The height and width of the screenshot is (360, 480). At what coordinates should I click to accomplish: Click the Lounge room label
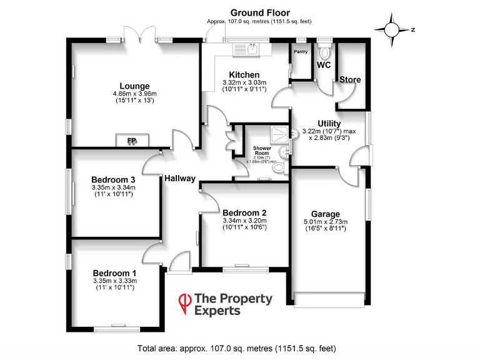[134, 86]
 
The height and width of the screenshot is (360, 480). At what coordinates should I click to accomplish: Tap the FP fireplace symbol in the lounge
[132, 141]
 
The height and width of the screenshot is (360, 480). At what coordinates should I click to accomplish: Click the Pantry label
[301, 52]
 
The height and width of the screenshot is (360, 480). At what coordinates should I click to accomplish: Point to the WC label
[324, 65]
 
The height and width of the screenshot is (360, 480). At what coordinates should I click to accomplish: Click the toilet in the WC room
[324, 50]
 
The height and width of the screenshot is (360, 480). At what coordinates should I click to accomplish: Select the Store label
[350, 80]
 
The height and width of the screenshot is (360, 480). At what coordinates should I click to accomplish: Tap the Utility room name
[329, 123]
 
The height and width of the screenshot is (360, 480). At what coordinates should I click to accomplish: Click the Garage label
[326, 213]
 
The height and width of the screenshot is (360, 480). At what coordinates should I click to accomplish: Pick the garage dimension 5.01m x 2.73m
[326, 221]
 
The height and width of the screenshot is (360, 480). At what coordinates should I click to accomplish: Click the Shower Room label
[261, 151]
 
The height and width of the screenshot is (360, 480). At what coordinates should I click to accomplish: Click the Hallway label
[180, 178]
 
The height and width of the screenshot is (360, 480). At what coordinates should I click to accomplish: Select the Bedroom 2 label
[244, 212]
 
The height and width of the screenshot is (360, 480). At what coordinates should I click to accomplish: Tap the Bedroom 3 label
[113, 179]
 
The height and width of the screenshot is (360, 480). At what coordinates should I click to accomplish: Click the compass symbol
[392, 29]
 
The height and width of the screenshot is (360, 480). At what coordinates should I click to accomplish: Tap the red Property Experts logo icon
[185, 303]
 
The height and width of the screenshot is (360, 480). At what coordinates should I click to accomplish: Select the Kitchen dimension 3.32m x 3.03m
[244, 82]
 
